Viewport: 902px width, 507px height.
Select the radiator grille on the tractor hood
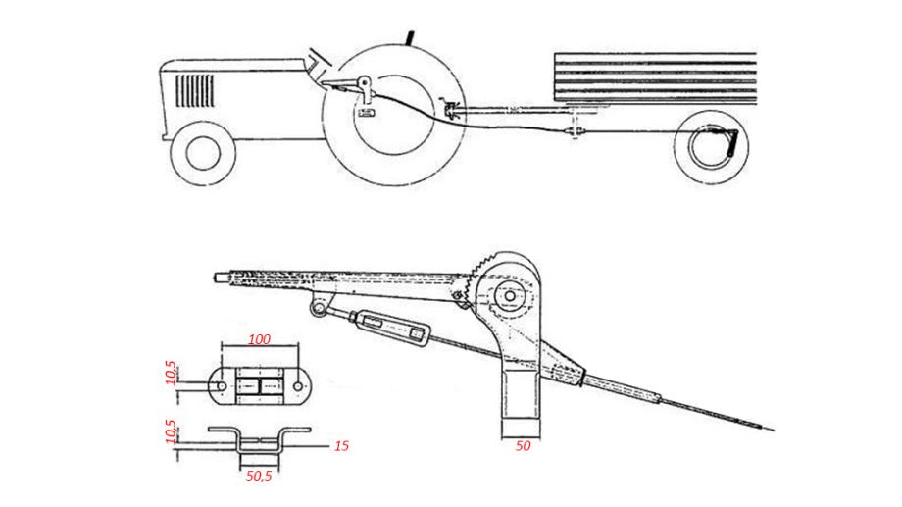194,91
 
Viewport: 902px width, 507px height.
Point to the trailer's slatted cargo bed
655,78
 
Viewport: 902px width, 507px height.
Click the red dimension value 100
260,339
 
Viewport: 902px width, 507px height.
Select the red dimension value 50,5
259,476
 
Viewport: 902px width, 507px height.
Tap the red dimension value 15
342,446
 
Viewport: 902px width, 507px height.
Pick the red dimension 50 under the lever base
523,446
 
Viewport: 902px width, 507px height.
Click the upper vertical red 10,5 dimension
171,373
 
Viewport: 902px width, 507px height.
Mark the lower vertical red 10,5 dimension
171,431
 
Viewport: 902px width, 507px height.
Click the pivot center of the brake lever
510,296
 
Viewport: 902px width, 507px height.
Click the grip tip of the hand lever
222,277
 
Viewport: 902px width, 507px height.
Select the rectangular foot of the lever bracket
521,428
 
